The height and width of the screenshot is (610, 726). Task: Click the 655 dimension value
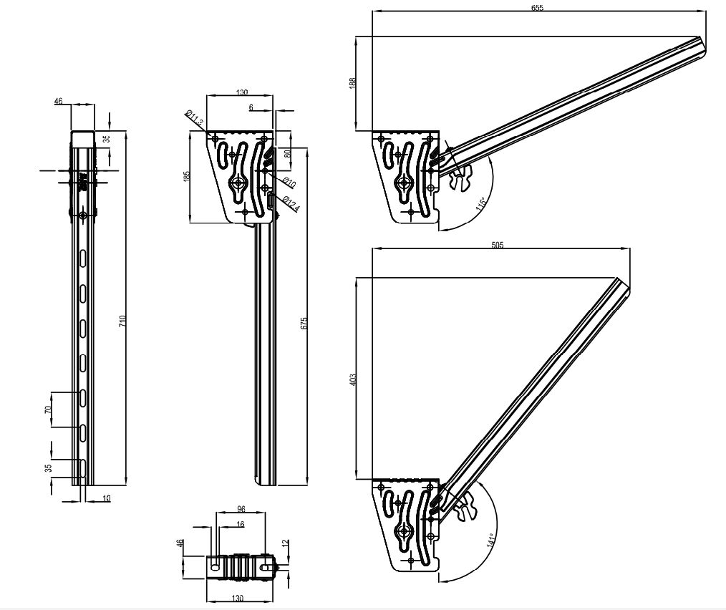[x=538, y=7]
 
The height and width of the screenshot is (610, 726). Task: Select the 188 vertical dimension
[x=352, y=83]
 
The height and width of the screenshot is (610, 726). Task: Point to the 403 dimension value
[x=352, y=379]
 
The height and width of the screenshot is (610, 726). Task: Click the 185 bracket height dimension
[x=186, y=176]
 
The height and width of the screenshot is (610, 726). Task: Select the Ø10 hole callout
[x=289, y=182]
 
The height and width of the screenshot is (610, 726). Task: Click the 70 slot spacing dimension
[x=48, y=410]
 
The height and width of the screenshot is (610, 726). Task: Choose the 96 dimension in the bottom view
[x=241, y=509]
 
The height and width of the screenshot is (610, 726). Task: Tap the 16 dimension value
[x=240, y=524]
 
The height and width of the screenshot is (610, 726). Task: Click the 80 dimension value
[x=287, y=152]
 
